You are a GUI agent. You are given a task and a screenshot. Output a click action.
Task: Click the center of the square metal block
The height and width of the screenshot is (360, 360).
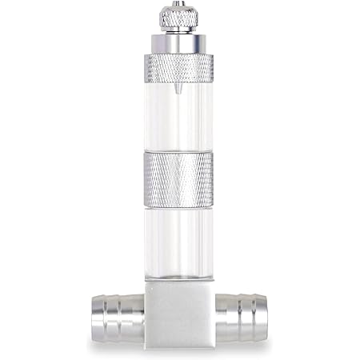(x=179, y=313)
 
